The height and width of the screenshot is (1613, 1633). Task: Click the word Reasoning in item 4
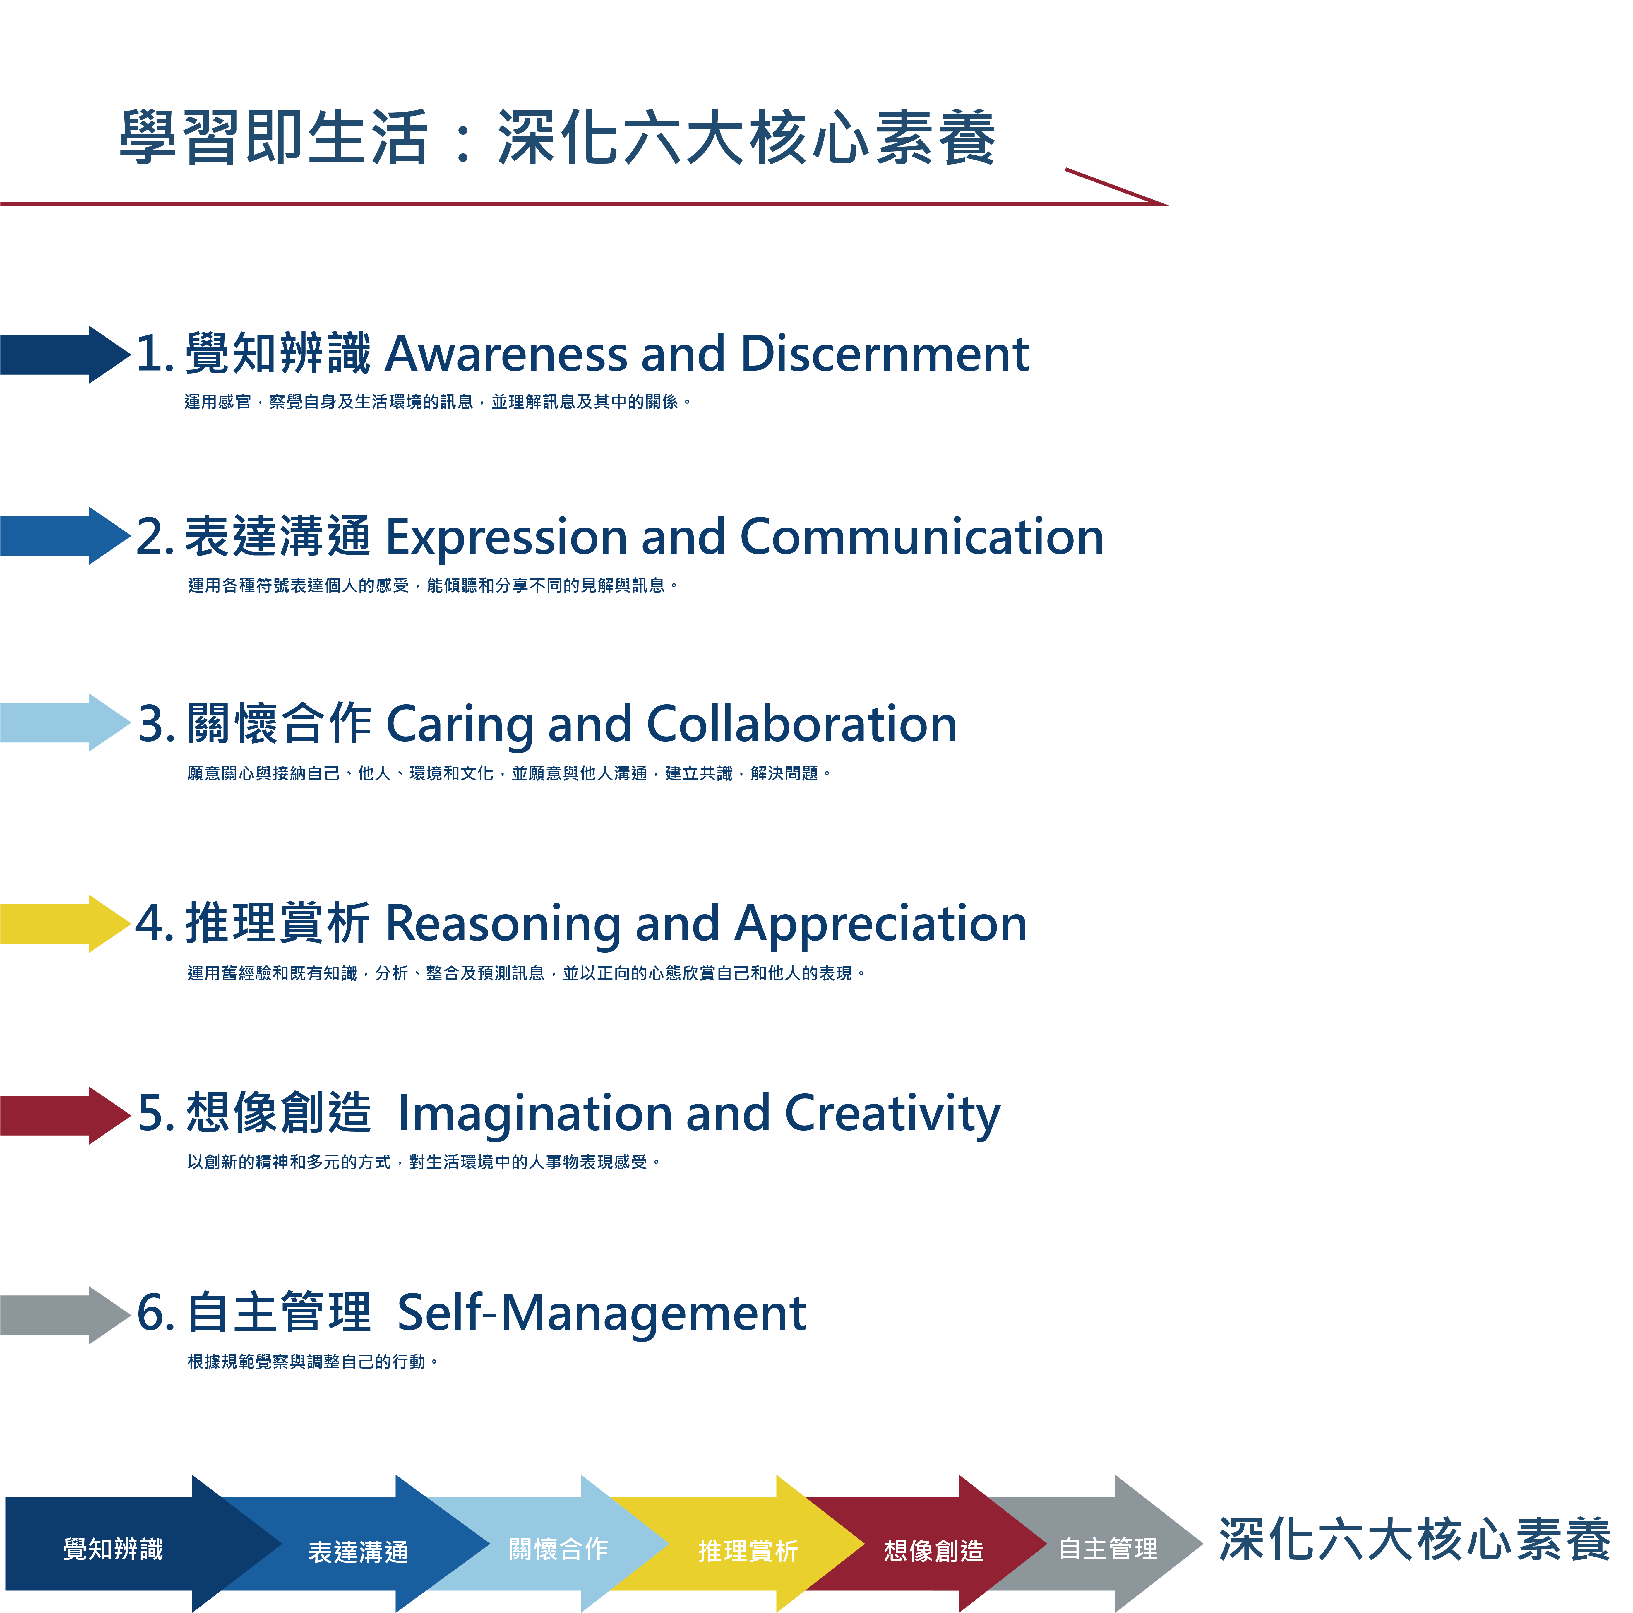pos(504,924)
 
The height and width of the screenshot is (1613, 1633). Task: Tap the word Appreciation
pos(881,924)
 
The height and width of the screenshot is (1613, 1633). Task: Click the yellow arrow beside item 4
pos(65,923)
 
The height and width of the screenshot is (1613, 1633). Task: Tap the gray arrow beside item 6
pos(65,1315)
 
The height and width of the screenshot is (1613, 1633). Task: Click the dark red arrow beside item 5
pos(65,1115)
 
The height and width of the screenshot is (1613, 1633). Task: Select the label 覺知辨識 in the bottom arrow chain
pos(113,1549)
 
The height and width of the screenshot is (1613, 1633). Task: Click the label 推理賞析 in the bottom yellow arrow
pos(748,1550)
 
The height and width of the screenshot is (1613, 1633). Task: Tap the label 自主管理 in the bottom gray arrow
pos(1108,1549)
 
